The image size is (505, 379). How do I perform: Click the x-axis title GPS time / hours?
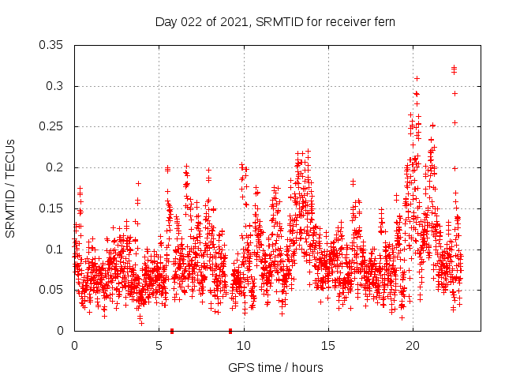(275, 367)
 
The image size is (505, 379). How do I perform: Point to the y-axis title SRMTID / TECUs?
(10, 189)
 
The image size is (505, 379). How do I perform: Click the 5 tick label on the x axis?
(159, 346)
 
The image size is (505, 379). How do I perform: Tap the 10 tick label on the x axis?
(244, 346)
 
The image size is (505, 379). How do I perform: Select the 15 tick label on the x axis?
(328, 346)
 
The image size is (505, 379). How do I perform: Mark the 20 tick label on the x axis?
(413, 346)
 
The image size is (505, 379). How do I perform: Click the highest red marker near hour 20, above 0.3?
(417, 78)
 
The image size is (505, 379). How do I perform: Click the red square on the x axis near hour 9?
(230, 331)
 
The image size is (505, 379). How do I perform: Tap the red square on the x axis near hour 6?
(172, 331)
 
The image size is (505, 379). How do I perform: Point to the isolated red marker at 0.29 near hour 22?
(454, 93)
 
